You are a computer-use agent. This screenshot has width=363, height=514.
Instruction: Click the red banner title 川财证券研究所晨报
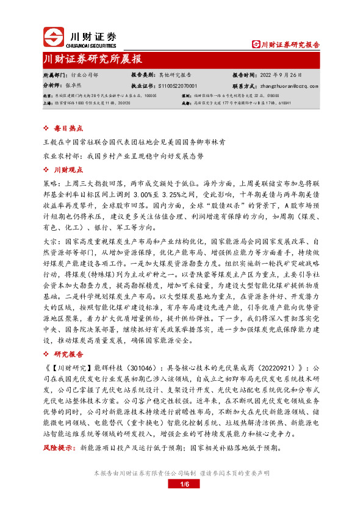pos(93,59)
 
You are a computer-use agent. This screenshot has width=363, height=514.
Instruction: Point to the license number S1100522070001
pos(178,86)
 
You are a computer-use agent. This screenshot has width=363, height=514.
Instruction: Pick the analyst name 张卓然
pos(75,86)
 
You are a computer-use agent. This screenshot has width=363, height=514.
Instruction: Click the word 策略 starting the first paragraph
pos(50,182)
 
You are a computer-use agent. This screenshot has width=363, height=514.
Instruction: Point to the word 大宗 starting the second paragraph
pos(50,242)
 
